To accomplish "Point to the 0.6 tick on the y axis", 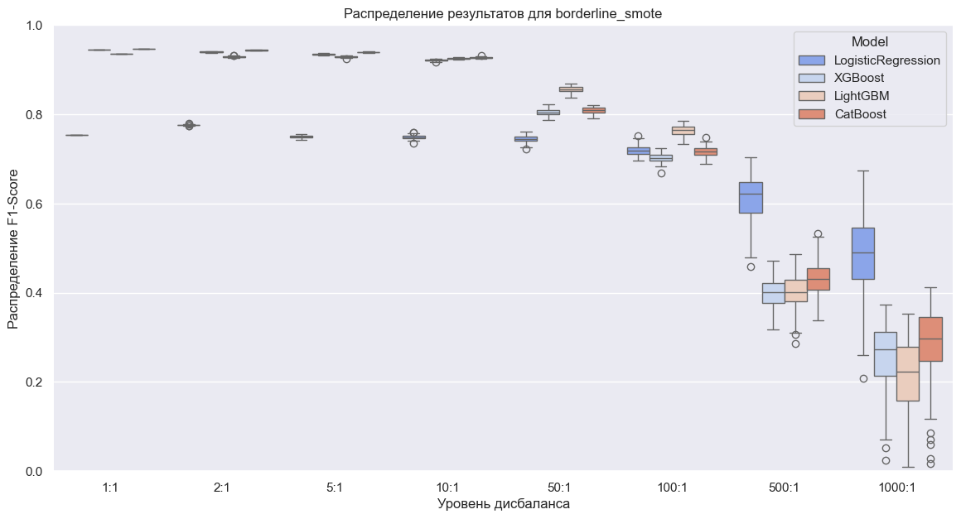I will point(34,204).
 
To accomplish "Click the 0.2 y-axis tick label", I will point(34,382).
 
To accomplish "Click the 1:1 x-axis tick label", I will point(110,488).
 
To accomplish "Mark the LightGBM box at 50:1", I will point(571,89).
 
